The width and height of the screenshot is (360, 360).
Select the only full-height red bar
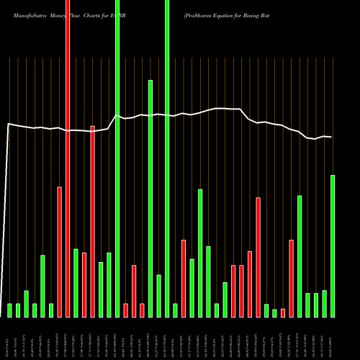pyautogui.click(x=68, y=158)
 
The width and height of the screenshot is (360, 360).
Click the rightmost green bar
pyautogui.click(x=333, y=246)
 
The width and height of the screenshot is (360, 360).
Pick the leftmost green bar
pyautogui.click(x=10, y=310)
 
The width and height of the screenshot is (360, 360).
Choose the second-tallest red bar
pyautogui.click(x=93, y=221)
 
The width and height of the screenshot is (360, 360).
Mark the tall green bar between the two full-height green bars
pyautogui.click(x=150, y=198)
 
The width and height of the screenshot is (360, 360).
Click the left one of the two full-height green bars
pyautogui.click(x=117, y=158)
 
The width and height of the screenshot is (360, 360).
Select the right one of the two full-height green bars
pyautogui.click(x=167, y=158)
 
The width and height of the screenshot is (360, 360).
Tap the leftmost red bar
pyautogui.click(x=60, y=252)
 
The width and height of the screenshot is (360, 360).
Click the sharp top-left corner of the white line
pyautogui.click(x=8, y=124)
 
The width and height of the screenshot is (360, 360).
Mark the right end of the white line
pyautogui.click(x=331, y=137)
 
